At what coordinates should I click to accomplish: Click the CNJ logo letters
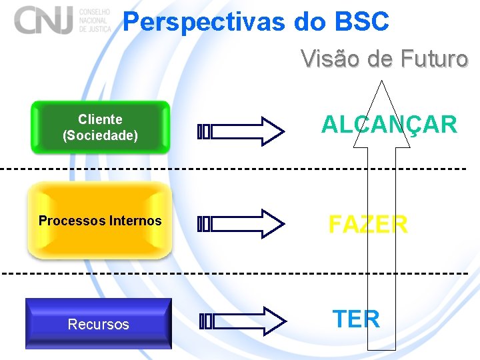[44, 20]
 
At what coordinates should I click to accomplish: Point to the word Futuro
[435, 59]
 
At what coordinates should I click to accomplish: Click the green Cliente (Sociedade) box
[100, 127]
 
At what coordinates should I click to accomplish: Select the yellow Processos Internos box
[100, 221]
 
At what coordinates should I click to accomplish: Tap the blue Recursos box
[99, 324]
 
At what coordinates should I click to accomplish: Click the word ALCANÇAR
[389, 125]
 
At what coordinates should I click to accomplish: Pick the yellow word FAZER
[368, 224]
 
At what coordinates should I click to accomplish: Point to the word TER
[356, 319]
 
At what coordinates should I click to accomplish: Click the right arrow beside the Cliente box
[241, 131]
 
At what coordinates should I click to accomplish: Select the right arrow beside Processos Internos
[241, 224]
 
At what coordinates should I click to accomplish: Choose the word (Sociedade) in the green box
[100, 135]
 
